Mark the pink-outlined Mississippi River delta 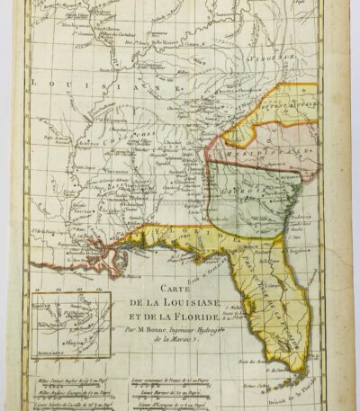coord(115,263)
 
